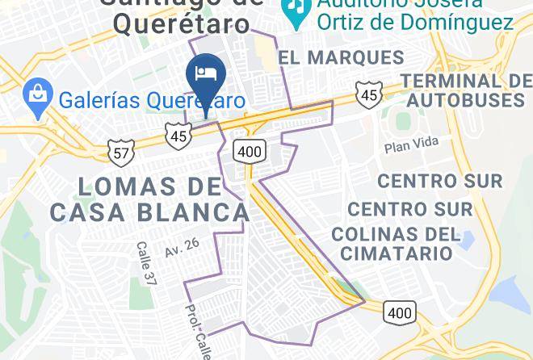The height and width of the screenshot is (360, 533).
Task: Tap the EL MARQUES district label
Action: (341, 57)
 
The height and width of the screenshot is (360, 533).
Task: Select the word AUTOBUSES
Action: (465, 100)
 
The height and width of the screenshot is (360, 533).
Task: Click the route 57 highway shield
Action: (120, 151)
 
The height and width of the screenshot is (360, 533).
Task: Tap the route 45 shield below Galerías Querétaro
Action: (178, 136)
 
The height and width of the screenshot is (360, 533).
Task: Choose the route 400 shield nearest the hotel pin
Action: (250, 149)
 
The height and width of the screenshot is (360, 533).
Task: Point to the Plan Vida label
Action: (411, 144)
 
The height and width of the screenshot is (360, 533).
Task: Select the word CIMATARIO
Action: (396, 253)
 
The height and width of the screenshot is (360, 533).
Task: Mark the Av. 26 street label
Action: (182, 248)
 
